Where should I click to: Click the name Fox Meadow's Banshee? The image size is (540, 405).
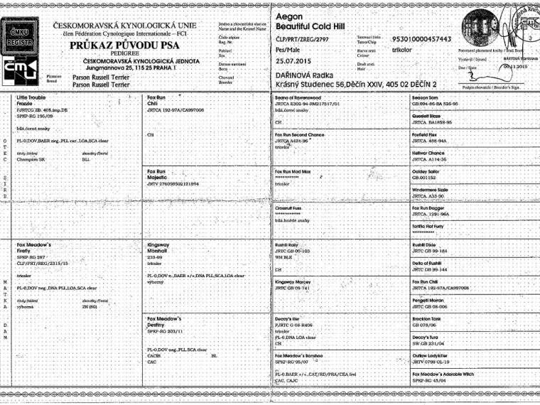click(x=303, y=355)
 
